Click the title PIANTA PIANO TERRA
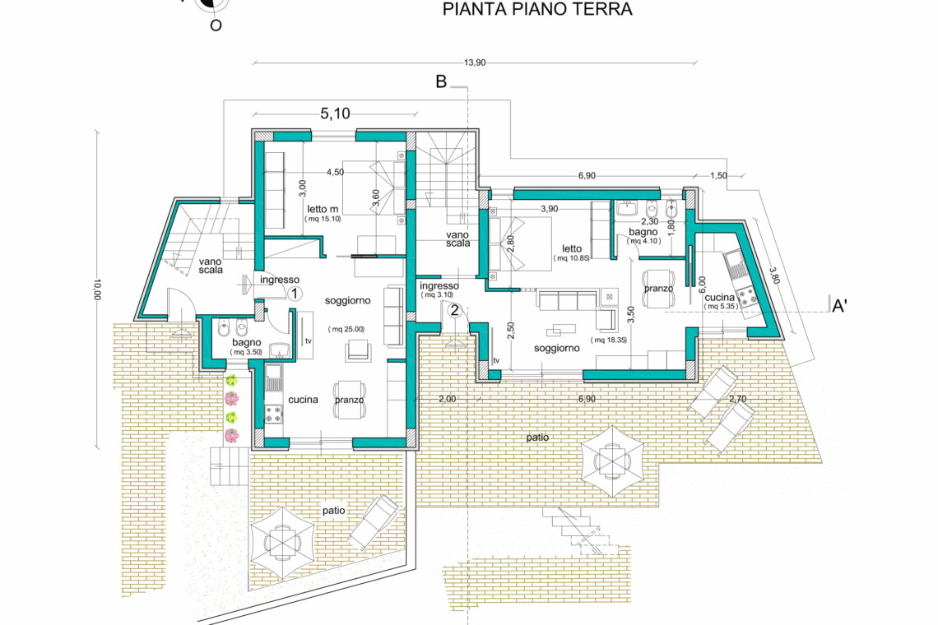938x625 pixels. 536,10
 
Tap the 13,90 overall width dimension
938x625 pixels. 475,62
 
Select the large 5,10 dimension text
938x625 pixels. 335,113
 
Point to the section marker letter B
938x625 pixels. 441,81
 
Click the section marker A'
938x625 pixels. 839,306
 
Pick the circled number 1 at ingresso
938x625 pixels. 295,294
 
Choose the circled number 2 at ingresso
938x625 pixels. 455,310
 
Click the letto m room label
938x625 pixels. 323,209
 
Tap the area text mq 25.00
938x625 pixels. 346,329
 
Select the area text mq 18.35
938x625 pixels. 608,340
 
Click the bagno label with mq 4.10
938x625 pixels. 643,232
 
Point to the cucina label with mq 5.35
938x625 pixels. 720,297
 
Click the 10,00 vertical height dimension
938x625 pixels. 97,289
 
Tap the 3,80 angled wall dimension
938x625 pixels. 774,275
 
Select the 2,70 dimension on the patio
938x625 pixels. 737,399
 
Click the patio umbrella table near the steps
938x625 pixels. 612,460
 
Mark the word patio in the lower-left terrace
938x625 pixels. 334,511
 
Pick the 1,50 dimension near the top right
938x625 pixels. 718,175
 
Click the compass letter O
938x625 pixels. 216,25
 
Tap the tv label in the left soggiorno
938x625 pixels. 309,341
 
